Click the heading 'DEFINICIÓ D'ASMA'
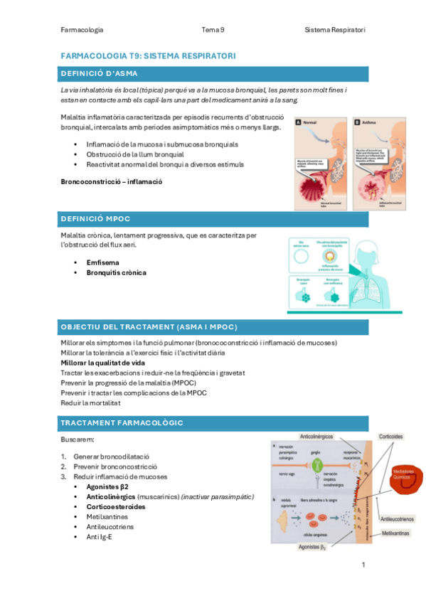100,73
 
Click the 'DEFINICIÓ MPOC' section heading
96,218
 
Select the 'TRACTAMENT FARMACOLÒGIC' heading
122,423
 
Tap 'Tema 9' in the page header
213,30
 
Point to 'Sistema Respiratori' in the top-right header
334,30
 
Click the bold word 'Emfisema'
103,262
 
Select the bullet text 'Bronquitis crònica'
116,272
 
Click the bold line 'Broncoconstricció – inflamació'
112,181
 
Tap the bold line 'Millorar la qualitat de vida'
103,362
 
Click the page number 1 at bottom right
363,565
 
